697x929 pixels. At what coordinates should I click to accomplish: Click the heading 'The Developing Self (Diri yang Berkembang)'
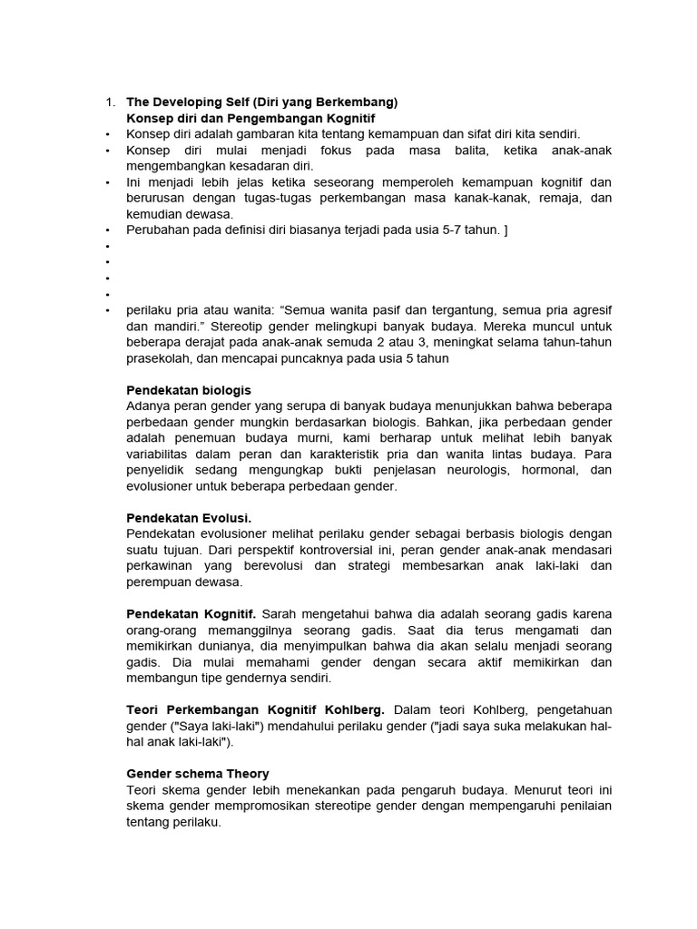(261, 102)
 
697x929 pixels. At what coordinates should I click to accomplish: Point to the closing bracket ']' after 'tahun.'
(505, 230)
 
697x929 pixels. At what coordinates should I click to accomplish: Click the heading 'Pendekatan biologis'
(189, 390)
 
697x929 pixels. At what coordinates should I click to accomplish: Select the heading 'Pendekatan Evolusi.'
(189, 518)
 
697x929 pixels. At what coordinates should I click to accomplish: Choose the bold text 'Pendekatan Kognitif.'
(191, 614)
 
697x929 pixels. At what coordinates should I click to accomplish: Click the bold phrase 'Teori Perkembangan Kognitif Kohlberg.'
(256, 709)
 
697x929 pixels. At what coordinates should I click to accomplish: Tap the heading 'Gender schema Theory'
(197, 774)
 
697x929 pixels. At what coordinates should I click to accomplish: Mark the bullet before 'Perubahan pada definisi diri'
(108, 230)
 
